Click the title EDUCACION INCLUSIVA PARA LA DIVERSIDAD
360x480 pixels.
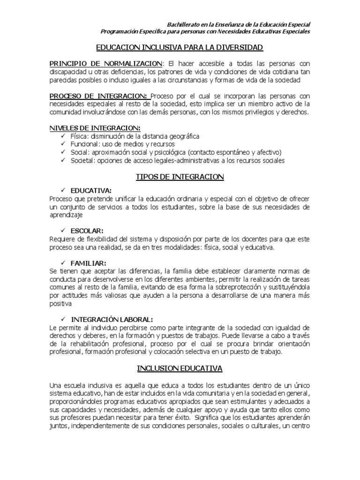coord(180,48)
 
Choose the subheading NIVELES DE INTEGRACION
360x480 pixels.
coord(95,128)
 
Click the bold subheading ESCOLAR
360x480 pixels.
coord(87,231)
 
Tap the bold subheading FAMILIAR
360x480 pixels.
coord(89,263)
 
